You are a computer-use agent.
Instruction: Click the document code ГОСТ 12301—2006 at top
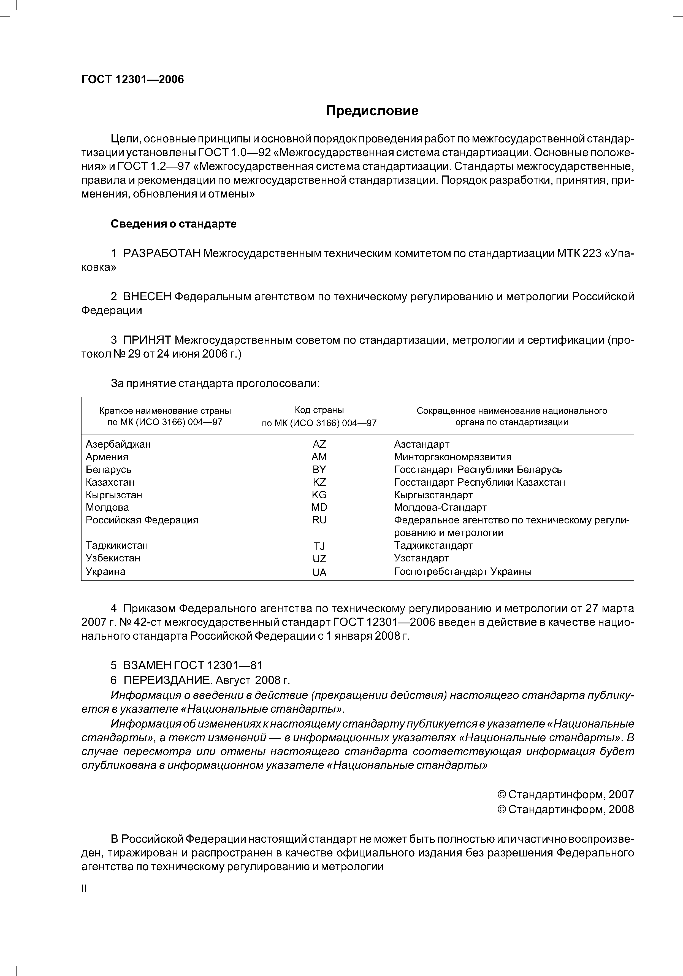click(x=132, y=80)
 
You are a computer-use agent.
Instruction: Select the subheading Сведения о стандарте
click(x=174, y=224)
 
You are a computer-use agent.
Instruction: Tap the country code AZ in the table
click(x=319, y=444)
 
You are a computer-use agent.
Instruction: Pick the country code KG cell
click(x=319, y=495)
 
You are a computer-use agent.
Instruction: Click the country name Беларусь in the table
click(x=109, y=470)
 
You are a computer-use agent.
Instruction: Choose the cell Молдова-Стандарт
click(x=440, y=507)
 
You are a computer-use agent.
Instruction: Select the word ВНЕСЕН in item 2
click(x=147, y=297)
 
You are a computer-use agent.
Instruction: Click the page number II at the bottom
click(x=84, y=889)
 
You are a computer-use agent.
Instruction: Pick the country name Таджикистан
click(x=116, y=545)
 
